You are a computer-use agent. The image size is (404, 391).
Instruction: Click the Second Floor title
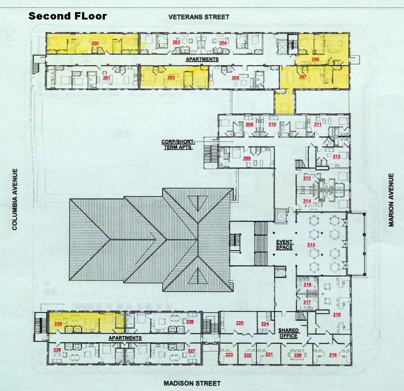67,16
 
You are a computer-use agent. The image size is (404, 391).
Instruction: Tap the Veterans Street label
199,17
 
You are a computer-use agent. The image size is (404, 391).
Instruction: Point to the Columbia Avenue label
15,199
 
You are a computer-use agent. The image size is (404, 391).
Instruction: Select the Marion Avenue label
391,200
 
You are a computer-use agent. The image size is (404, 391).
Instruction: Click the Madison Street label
192,383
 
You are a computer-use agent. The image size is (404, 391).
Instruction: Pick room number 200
95,43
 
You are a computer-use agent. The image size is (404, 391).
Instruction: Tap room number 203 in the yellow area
171,77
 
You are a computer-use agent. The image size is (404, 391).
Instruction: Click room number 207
303,77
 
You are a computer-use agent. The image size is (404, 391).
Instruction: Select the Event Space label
284,244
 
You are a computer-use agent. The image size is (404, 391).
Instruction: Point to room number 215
311,244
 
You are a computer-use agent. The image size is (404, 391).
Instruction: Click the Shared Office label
288,333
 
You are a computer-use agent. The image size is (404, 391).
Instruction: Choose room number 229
58,324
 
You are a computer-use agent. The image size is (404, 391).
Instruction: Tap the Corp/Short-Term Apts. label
178,144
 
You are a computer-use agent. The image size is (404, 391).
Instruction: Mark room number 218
337,314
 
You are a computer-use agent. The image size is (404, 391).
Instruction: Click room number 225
240,323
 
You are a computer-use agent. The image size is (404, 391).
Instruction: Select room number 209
247,158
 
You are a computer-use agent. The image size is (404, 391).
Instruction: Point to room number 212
337,156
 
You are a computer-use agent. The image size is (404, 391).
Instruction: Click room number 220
298,355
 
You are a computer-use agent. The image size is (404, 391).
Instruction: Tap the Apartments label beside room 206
202,59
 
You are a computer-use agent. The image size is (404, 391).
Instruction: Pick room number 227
191,351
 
